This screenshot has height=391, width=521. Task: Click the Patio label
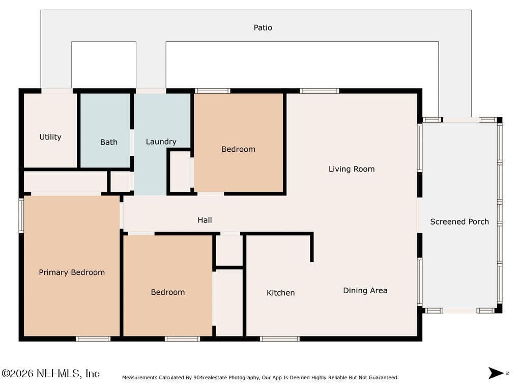point(263,27)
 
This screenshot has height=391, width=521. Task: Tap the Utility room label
point(50,137)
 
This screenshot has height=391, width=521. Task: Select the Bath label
point(109,143)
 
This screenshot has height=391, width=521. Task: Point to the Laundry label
point(161,142)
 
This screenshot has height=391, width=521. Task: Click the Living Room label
point(352,169)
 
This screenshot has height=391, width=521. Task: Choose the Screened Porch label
point(459,222)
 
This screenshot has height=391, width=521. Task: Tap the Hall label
point(205,220)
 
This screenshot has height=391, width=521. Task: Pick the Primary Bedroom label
point(72,273)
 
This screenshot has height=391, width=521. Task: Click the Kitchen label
point(280,293)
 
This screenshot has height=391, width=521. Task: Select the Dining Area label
point(365,291)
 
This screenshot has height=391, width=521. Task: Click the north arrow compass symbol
point(497,373)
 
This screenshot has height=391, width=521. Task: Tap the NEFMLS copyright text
point(50,373)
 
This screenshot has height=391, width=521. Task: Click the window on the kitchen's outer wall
point(280,339)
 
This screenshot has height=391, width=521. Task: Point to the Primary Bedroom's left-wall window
point(21,215)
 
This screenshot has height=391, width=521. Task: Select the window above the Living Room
point(320,91)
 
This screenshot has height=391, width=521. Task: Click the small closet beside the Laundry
point(180,172)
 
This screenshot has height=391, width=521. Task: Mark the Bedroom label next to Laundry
point(238,149)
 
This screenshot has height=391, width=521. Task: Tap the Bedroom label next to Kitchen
point(168,292)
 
